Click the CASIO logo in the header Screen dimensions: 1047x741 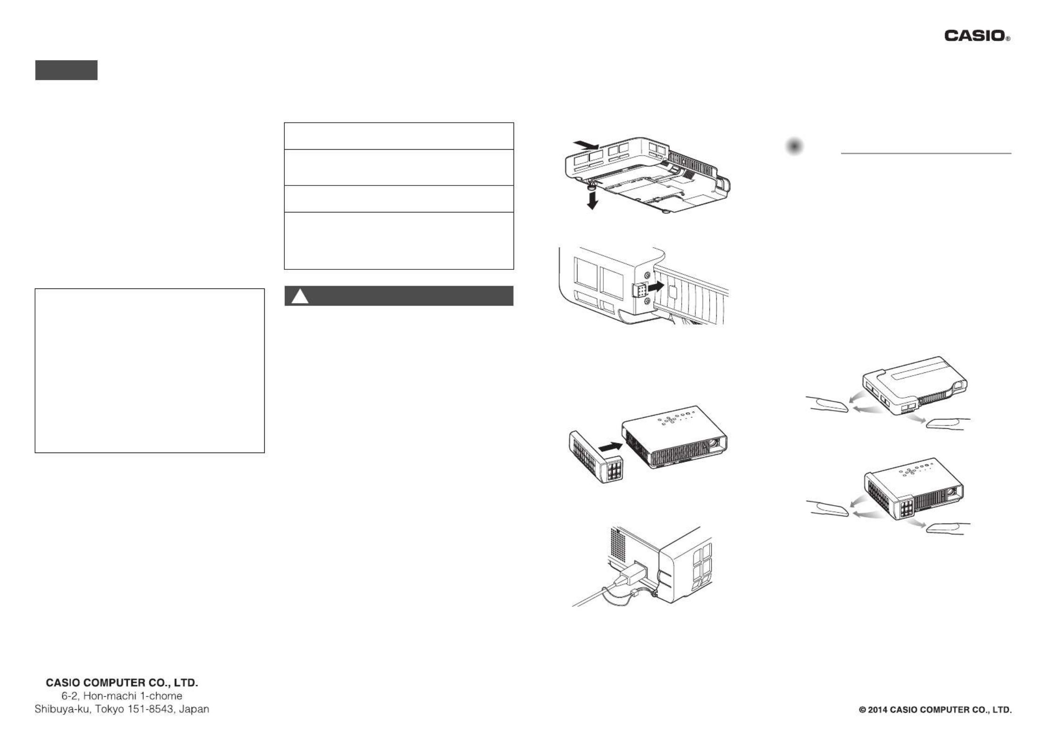[977, 36]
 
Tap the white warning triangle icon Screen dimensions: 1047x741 [300, 296]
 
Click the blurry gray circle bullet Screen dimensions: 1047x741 [794, 146]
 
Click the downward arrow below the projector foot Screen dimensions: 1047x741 [592, 201]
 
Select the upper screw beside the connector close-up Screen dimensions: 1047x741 [646, 275]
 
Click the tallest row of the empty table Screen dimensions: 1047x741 [399, 240]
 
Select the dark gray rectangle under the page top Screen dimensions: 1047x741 [66, 70]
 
